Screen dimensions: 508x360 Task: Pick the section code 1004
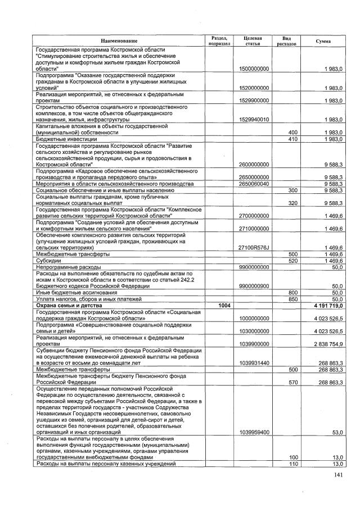point(217,305)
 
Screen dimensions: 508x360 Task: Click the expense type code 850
point(292,299)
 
